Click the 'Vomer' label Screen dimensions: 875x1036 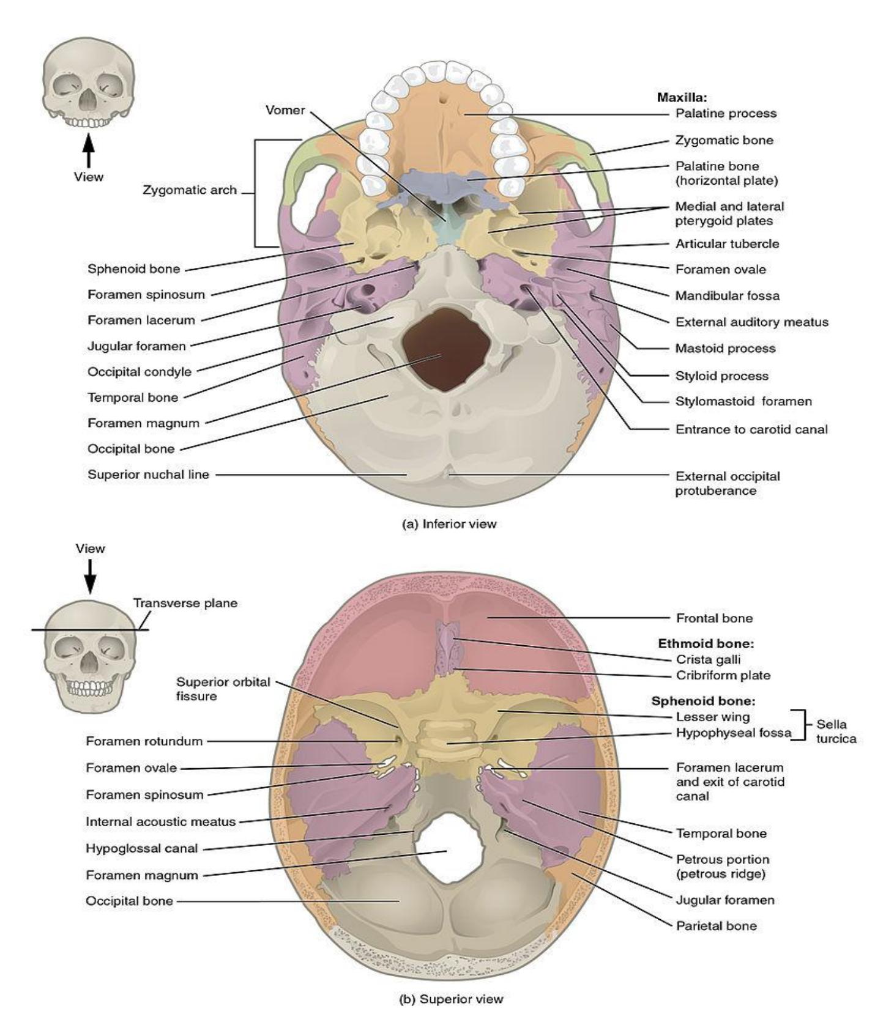(285, 110)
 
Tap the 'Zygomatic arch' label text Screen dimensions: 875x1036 (190, 190)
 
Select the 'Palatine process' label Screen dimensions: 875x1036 (726, 113)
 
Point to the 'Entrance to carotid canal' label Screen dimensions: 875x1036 (751, 429)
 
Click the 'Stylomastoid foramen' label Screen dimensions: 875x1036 (743, 402)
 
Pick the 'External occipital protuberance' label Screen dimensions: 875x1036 (728, 483)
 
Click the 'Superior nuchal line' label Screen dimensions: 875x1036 (148, 475)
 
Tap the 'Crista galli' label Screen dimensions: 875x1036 (708, 659)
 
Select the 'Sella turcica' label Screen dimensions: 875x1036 (836, 731)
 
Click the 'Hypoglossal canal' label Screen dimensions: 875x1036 (141, 848)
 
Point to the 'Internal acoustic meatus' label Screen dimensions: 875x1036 (160, 822)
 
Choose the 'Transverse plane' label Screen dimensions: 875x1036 (185, 603)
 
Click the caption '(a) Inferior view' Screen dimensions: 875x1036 (449, 524)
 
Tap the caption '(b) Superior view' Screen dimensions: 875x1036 (451, 999)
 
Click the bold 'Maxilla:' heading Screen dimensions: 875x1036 (682, 97)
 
